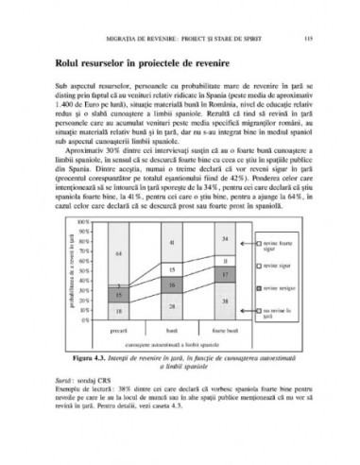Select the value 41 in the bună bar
point(173,242)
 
